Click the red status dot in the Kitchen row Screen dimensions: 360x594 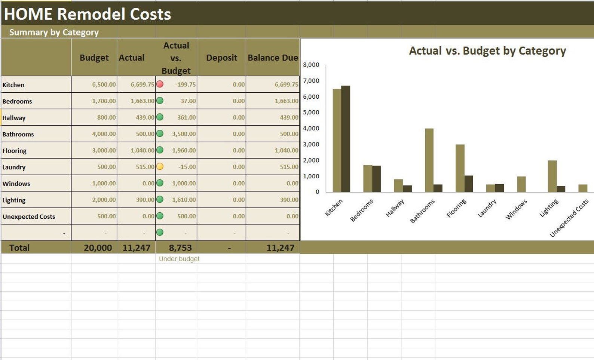click(x=160, y=84)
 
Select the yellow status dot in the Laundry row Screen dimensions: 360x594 click(x=160, y=166)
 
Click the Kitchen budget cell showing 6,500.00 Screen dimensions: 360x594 click(x=104, y=84)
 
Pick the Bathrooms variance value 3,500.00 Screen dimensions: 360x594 click(x=184, y=134)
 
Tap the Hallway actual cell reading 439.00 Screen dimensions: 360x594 click(x=145, y=117)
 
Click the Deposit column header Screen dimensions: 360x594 click(x=221, y=58)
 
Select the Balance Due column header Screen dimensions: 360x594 click(x=273, y=58)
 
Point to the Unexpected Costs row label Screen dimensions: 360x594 click(x=29, y=216)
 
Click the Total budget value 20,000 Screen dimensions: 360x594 click(x=98, y=247)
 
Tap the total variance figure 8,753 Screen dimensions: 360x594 click(x=180, y=247)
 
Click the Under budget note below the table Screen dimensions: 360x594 click(x=179, y=259)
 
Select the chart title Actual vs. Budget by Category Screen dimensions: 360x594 click(x=487, y=50)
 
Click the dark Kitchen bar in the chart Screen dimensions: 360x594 click(x=346, y=139)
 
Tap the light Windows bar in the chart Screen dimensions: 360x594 click(x=521, y=184)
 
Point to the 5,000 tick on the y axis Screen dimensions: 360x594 click(x=311, y=112)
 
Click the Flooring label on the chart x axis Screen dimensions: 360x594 click(x=456, y=208)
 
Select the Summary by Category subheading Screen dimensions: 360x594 click(x=54, y=32)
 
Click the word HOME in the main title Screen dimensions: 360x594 click(x=28, y=14)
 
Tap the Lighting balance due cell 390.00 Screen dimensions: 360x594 click(x=289, y=200)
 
